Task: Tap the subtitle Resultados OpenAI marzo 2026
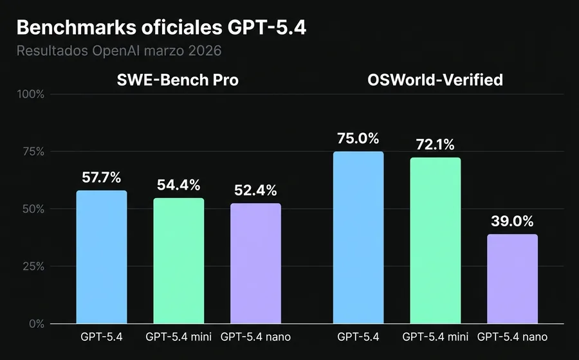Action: (x=118, y=50)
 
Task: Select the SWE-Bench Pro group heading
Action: (x=178, y=80)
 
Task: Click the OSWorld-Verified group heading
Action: (x=435, y=80)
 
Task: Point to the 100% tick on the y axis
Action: (x=30, y=94)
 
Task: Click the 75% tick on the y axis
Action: (x=32, y=152)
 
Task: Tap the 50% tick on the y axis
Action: (x=32, y=209)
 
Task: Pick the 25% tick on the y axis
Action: (x=32, y=266)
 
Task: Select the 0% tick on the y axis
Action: (x=35, y=323)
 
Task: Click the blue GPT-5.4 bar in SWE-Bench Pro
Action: (x=102, y=257)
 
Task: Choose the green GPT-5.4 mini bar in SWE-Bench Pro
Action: (x=178, y=260)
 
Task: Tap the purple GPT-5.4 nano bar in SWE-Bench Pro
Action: (x=255, y=264)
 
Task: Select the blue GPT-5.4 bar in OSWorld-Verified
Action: (x=358, y=238)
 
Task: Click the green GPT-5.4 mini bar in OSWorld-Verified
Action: (x=435, y=241)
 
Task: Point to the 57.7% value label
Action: (x=102, y=177)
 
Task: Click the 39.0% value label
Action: (x=512, y=221)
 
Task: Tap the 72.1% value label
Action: (x=435, y=144)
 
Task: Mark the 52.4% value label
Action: (x=255, y=190)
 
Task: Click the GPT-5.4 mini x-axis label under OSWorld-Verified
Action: (x=435, y=337)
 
